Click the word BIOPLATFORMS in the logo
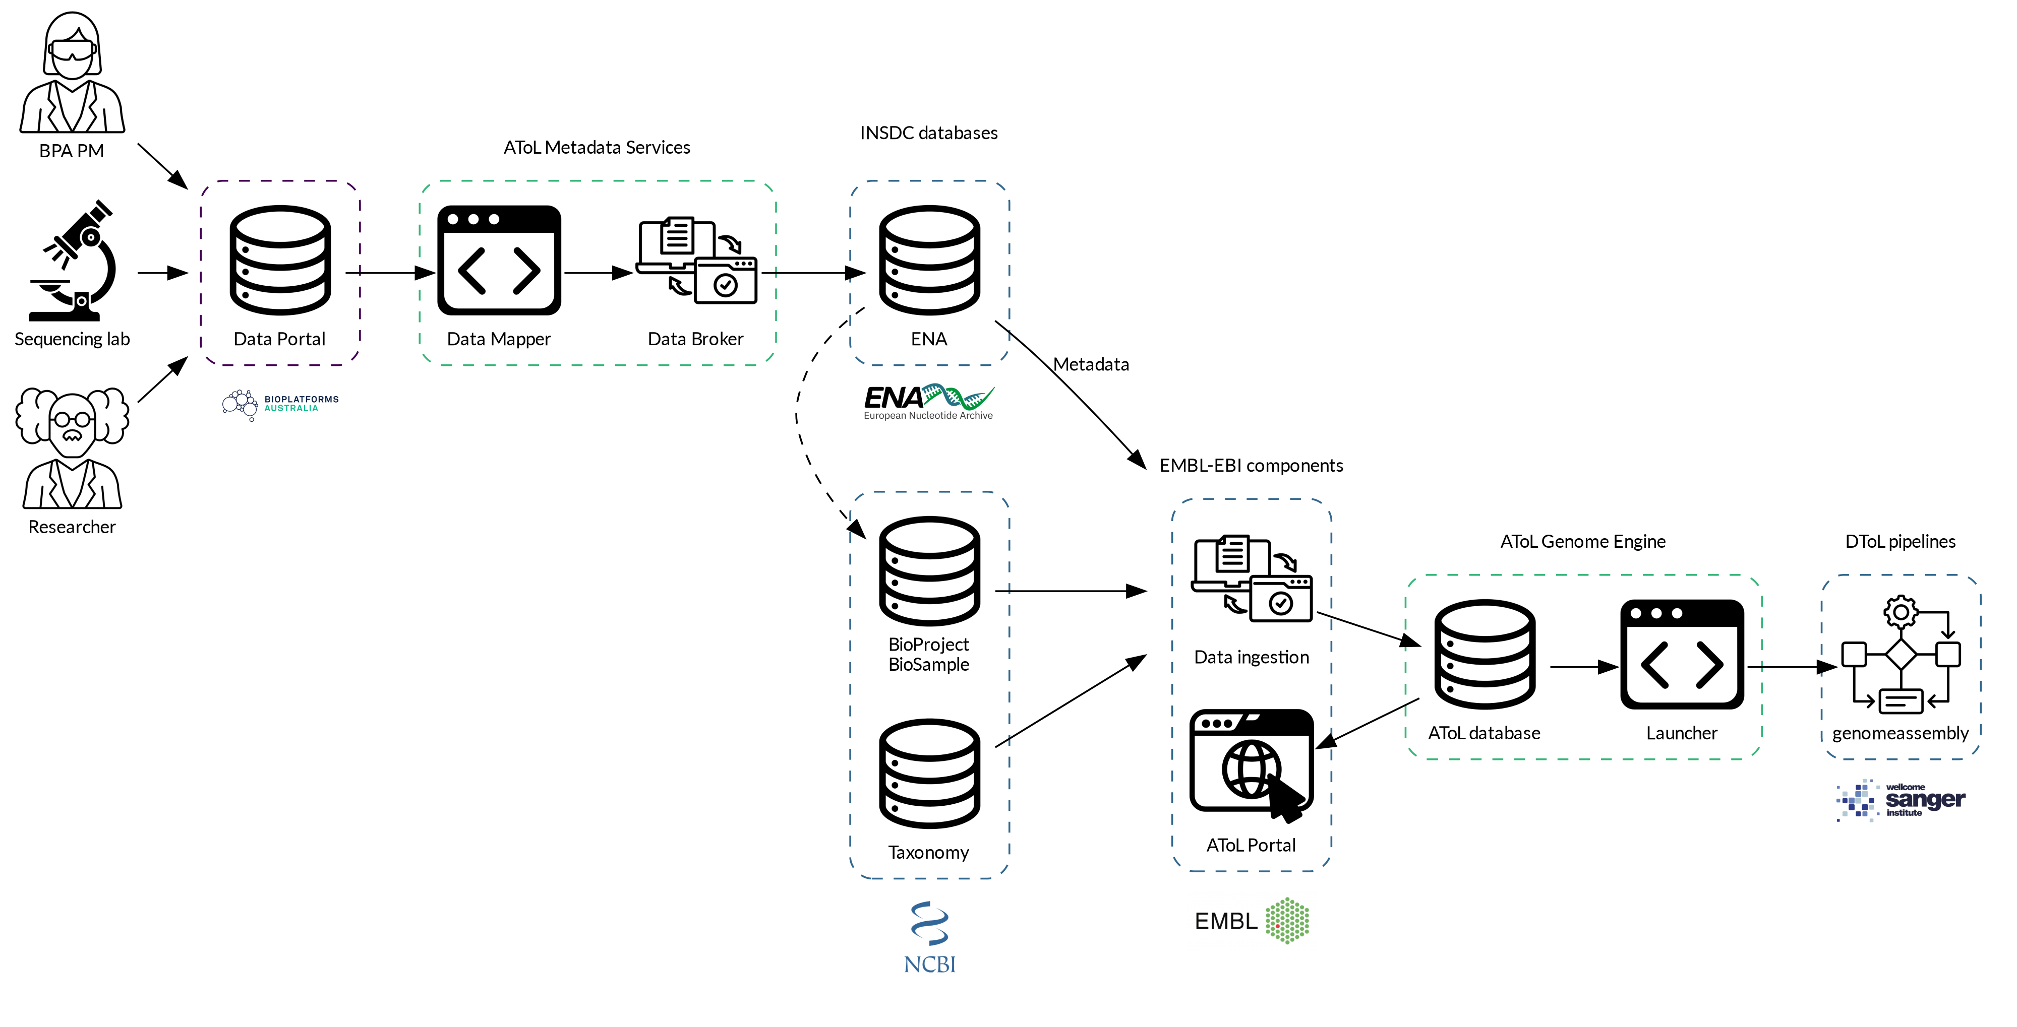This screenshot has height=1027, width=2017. (302, 399)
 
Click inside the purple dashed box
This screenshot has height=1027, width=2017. (280, 273)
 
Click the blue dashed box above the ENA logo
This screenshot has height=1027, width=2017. (929, 273)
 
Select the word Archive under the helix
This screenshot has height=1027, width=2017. (976, 416)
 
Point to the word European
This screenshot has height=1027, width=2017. (884, 416)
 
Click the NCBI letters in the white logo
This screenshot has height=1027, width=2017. (929, 964)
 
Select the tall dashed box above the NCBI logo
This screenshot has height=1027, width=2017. (929, 685)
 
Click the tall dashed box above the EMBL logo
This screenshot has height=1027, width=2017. (1251, 685)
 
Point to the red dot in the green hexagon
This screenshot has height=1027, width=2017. (1277, 926)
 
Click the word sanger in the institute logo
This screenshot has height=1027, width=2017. (1925, 800)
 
